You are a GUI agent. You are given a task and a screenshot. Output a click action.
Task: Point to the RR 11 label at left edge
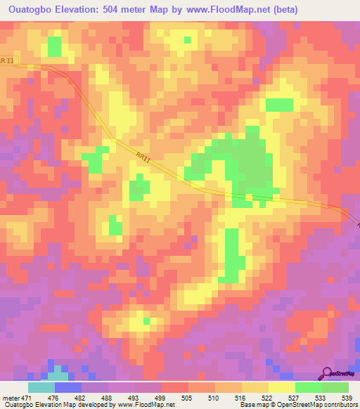tap(6, 61)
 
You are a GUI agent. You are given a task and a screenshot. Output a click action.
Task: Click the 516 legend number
tap(243, 397)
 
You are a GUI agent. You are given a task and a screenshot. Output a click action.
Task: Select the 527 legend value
tap(295, 397)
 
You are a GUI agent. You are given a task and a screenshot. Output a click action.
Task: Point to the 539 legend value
tap(347, 397)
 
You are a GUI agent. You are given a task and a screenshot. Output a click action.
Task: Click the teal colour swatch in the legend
tap(41, 387)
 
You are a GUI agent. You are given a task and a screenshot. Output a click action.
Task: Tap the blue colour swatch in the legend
tap(68, 387)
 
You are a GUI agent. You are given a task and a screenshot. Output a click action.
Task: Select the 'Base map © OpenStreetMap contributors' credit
tap(307, 405)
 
